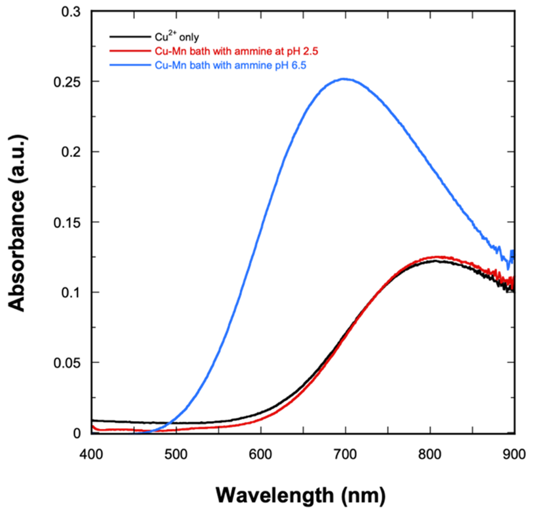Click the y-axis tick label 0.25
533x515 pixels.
point(67,81)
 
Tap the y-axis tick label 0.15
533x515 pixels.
point(67,222)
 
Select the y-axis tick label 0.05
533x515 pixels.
point(67,363)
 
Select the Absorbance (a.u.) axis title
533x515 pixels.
point(17,223)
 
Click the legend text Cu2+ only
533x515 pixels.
point(177,37)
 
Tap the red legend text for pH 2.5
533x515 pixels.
point(237,51)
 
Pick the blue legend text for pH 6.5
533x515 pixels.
point(231,65)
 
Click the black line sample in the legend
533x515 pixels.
point(130,37)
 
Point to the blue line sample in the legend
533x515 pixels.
point(130,65)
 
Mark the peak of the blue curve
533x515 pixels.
point(344,79)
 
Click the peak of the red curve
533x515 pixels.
point(437,257)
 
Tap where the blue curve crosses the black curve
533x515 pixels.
point(170,423)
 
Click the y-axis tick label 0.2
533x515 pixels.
point(71,152)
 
